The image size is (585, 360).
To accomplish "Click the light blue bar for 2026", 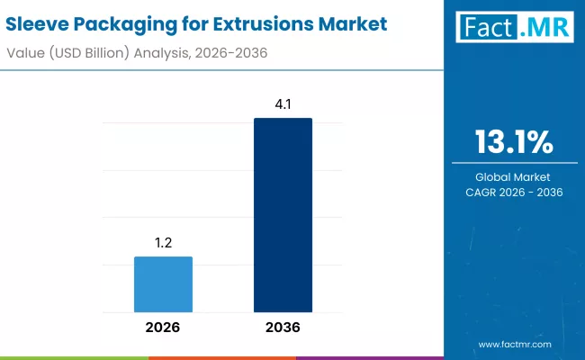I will (x=163, y=284).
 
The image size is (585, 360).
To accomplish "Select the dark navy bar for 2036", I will (x=283, y=215).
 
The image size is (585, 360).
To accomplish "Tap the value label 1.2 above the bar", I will (x=163, y=243).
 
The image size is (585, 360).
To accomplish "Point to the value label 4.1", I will (x=283, y=104).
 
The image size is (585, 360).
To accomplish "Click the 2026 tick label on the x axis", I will (x=163, y=328).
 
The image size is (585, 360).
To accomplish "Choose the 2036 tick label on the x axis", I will (x=283, y=328).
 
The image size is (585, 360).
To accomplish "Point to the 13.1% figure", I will (x=514, y=142).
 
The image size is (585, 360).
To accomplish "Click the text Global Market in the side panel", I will (x=514, y=177).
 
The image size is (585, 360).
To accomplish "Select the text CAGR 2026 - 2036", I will (x=514, y=193).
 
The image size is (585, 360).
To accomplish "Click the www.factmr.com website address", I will (x=515, y=345).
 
